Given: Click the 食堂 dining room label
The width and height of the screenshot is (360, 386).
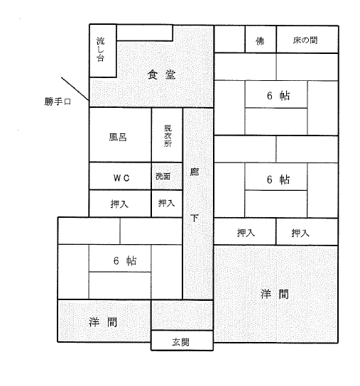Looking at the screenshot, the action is coord(161,75).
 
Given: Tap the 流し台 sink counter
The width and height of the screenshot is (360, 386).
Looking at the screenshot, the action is coord(103,50).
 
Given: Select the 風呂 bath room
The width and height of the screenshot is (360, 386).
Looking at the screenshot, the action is coord(120,135).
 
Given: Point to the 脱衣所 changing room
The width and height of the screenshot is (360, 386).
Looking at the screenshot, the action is coord(167,135).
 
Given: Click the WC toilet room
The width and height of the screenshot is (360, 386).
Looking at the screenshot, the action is coord(120,176).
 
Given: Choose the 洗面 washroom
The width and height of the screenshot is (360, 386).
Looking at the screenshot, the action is coord(167,176).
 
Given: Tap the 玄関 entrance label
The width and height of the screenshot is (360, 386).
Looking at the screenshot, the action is coord(180,342).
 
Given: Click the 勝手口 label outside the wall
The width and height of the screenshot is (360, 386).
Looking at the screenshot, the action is coord(58,101).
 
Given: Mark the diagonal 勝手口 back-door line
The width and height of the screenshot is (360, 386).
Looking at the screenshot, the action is coord(75,89).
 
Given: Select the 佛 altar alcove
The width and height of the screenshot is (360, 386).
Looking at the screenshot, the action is coord(261,39).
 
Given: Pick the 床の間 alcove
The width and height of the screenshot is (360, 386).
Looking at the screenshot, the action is coord(307,39).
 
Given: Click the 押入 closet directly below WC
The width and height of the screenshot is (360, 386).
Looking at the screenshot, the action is coord(120,204).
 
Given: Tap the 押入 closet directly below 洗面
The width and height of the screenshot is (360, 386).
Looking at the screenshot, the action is coord(167,204).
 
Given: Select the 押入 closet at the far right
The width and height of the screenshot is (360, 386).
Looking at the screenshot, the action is coord(307,232).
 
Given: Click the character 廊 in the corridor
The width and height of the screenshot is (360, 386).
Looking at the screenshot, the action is coord(195,172).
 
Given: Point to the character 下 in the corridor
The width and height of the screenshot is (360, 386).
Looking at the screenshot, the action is coord(195,218).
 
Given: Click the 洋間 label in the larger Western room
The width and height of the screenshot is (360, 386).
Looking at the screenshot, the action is coord(275,294).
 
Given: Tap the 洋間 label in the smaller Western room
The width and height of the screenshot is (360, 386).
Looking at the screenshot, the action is coord(103,322).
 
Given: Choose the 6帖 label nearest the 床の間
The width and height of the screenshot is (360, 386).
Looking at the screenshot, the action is coord(278,96).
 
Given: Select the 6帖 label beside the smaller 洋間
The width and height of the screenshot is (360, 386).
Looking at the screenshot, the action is coord(125,260).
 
